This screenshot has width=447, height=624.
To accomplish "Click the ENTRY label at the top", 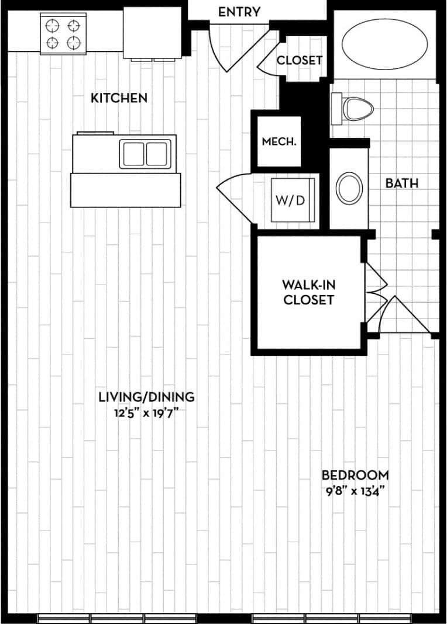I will point(239,12).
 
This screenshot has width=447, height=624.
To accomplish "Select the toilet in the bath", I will point(353,109).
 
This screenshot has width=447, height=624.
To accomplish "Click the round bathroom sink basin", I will point(349,188).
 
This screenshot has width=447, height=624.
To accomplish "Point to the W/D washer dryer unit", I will point(292,200).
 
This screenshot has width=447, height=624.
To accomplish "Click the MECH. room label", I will point(278,141).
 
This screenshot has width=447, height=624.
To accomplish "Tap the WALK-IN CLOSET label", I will point(308,292).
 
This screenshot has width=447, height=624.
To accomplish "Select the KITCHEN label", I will point(119,98).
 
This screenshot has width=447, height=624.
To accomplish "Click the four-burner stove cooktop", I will point(63,34).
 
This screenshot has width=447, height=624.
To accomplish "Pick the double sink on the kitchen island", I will point(146,154).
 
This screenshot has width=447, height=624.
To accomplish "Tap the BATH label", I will point(401,183).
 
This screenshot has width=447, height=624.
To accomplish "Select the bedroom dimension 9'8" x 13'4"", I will point(355,491).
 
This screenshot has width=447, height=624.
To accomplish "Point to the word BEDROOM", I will point(355,475).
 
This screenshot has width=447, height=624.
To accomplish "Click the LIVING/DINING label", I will point(146,397).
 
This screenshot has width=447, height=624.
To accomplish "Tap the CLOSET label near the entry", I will point(299,60).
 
